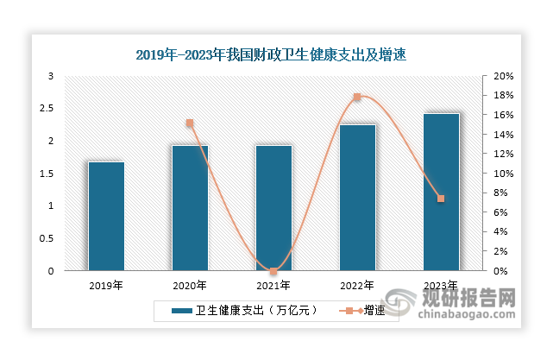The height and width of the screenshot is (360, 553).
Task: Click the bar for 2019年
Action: point(106,216)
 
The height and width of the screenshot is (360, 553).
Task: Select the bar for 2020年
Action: point(190,208)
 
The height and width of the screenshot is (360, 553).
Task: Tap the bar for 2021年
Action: point(273,208)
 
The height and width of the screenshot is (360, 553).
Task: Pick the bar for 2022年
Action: point(357,198)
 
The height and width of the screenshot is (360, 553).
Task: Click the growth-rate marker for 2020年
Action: point(190,123)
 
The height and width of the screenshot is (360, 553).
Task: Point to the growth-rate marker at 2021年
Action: point(273,271)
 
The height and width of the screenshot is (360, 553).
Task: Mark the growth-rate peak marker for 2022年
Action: point(357,97)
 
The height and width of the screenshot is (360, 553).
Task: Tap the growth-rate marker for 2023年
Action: point(441,199)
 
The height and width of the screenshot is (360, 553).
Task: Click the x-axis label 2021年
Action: point(273,285)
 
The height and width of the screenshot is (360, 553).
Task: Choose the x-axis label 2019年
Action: point(106,285)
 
